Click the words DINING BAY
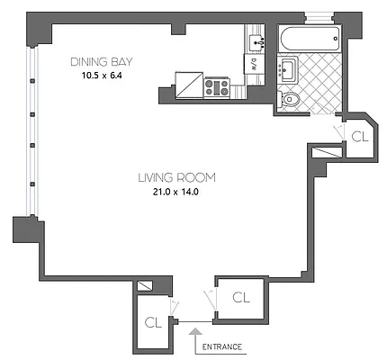coord(102,61)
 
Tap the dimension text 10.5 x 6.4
coord(102,75)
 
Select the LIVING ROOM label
coord(176,176)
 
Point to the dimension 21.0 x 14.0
coord(176,191)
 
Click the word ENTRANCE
coord(220,346)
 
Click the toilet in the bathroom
coord(288,101)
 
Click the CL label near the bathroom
coord(358,137)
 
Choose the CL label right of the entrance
coord(240,296)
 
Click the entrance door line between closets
coord(195,321)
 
